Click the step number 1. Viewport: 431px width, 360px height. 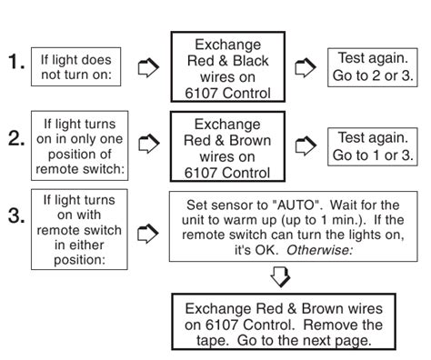click(16, 62)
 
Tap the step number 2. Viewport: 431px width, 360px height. click(16, 138)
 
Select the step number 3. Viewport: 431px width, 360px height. click(16, 215)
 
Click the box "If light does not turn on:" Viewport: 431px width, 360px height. click(75, 66)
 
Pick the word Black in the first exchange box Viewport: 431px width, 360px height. click(251, 61)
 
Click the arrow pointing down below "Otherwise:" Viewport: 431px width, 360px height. click(280, 277)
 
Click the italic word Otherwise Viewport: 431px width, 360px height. click(320, 250)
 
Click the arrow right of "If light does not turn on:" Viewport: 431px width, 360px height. click(148, 67)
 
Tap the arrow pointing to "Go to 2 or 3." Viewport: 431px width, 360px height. click(306, 67)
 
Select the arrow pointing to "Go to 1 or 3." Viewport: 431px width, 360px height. click(306, 145)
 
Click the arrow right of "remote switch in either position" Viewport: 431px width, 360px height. click(148, 234)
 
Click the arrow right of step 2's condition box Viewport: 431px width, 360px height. click(149, 144)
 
